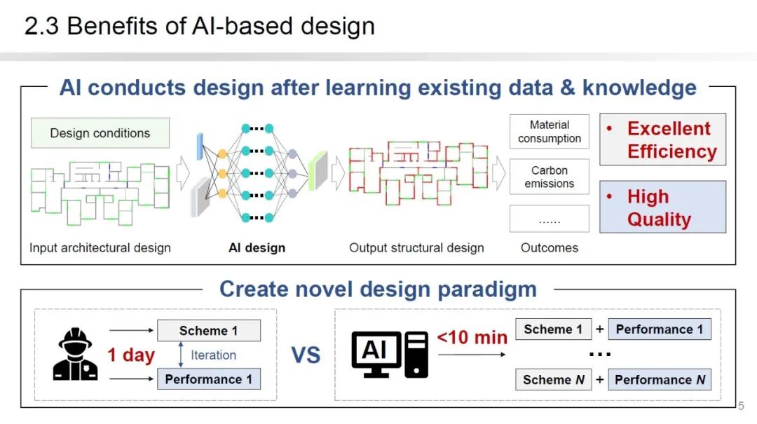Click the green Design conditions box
pyautogui.click(x=100, y=132)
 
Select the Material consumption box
pyautogui.click(x=550, y=132)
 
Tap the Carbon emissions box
pyautogui.click(x=550, y=177)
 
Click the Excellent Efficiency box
pyautogui.click(x=662, y=139)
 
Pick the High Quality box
pyautogui.click(x=662, y=207)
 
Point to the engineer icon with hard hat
pyautogui.click(x=76, y=354)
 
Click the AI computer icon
pyautogui.click(x=390, y=354)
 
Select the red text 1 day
pyautogui.click(x=131, y=355)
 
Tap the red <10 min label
pyautogui.click(x=472, y=338)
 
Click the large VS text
pyautogui.click(x=306, y=355)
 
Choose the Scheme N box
pyautogui.click(x=553, y=380)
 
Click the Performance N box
pyautogui.click(x=660, y=380)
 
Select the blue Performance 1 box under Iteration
pyautogui.click(x=208, y=379)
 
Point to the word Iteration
pyautogui.click(x=214, y=355)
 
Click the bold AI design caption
pyautogui.click(x=257, y=247)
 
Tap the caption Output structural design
pyautogui.click(x=416, y=247)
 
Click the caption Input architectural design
pyautogui.click(x=100, y=247)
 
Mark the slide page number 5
pyautogui.click(x=741, y=405)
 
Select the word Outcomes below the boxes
pyautogui.click(x=550, y=247)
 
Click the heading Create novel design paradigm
pyautogui.click(x=378, y=289)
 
